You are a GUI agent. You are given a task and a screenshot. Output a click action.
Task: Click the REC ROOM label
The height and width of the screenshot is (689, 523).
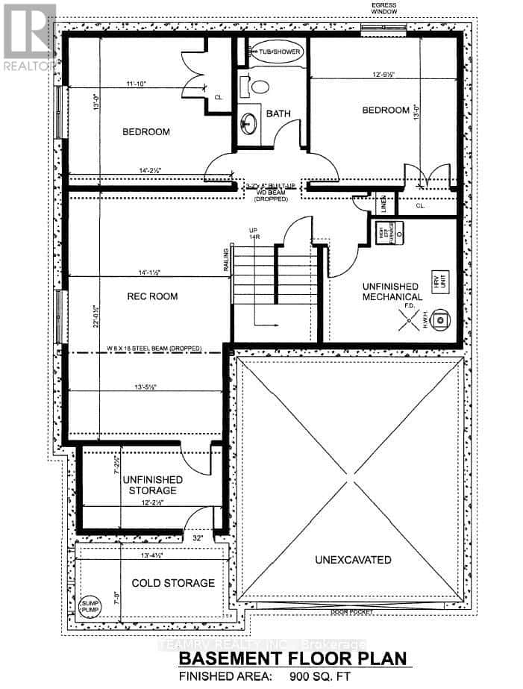[x=151, y=296]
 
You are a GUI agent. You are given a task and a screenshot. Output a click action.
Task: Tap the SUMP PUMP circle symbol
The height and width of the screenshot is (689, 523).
[x=89, y=606]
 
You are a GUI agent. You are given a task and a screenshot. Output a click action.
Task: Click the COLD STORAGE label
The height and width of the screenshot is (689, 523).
[x=173, y=583]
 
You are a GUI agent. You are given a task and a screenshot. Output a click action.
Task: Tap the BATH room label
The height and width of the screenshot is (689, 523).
[x=278, y=114]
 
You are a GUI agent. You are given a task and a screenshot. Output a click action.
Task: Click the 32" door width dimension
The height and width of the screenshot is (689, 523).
[x=198, y=537]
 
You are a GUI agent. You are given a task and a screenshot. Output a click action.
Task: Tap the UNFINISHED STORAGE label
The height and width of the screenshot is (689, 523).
[x=150, y=484]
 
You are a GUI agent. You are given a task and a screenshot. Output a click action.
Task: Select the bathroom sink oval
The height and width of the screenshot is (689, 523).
[x=250, y=120]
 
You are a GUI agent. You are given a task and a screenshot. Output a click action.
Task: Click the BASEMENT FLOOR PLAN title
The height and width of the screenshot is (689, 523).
[x=294, y=658]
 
